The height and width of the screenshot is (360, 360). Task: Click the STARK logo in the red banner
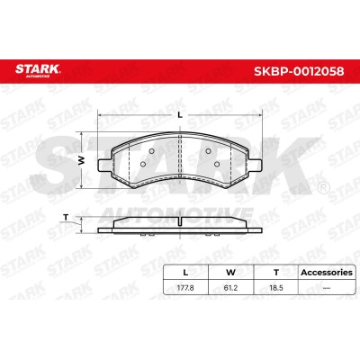(38, 71)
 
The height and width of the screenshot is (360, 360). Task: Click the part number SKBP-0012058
(299, 71)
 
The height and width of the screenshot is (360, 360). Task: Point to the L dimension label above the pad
(180, 114)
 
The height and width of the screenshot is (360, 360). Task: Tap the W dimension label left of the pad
(81, 160)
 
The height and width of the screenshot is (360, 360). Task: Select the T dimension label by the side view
(66, 217)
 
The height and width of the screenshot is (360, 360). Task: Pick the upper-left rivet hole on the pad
(152, 151)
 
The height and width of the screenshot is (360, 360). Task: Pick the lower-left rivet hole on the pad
(143, 164)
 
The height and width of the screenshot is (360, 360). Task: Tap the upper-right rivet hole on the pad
(208, 151)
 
